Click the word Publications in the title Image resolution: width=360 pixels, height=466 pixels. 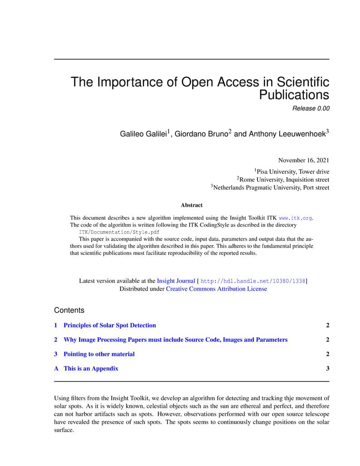click(x=294, y=95)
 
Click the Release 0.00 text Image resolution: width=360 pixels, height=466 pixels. click(x=311, y=108)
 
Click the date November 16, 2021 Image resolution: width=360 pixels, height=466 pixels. click(x=303, y=160)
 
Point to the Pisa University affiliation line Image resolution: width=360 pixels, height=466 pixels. click(x=292, y=171)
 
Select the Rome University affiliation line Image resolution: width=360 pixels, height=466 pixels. click(x=284, y=180)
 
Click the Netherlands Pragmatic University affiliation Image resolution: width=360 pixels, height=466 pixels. click(x=271, y=188)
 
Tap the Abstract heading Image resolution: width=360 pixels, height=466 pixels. click(x=192, y=205)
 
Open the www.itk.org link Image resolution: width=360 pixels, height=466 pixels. click(x=295, y=218)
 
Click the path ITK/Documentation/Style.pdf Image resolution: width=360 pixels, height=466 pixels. click(x=119, y=232)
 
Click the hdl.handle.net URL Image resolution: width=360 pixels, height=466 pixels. click(x=253, y=281)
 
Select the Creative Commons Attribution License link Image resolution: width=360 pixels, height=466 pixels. click(x=216, y=289)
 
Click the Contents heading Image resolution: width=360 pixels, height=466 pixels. click(x=69, y=311)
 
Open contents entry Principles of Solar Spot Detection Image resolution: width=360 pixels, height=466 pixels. click(x=109, y=325)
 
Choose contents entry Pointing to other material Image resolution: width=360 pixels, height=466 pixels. click(x=99, y=354)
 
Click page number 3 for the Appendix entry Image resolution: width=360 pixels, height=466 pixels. click(x=327, y=369)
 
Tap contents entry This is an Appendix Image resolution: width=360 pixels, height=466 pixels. click(x=91, y=369)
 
